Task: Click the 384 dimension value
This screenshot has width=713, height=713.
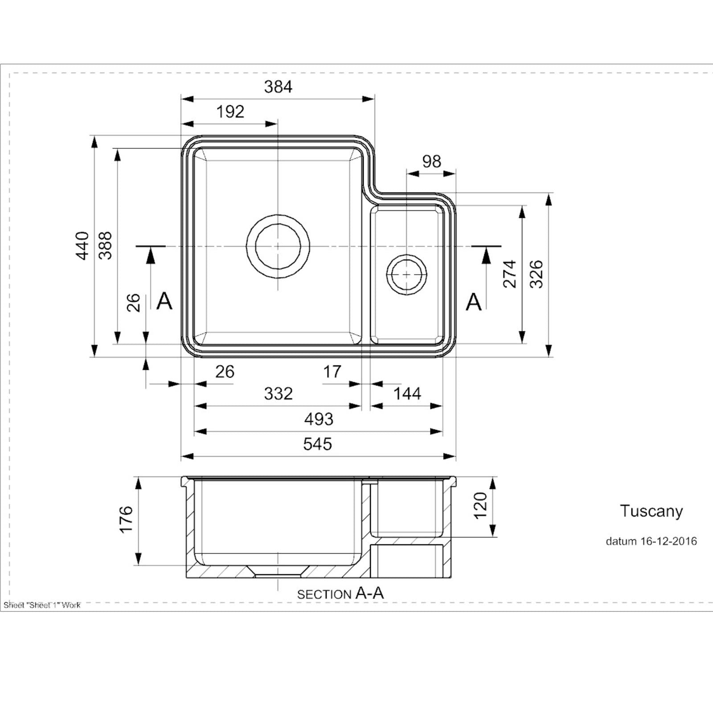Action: (278, 87)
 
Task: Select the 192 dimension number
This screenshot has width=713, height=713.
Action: (230, 111)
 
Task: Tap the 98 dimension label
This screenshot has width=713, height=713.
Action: (432, 161)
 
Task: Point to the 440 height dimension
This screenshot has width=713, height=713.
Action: (82, 246)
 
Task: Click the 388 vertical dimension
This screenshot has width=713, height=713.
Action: (105, 246)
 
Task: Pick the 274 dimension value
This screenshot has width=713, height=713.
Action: (509, 274)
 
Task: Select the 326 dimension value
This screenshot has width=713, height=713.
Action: (537, 274)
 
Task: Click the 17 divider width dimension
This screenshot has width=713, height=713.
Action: (332, 371)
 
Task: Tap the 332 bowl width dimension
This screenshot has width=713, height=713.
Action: (279, 393)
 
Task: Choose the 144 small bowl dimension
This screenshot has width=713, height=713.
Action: (407, 393)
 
